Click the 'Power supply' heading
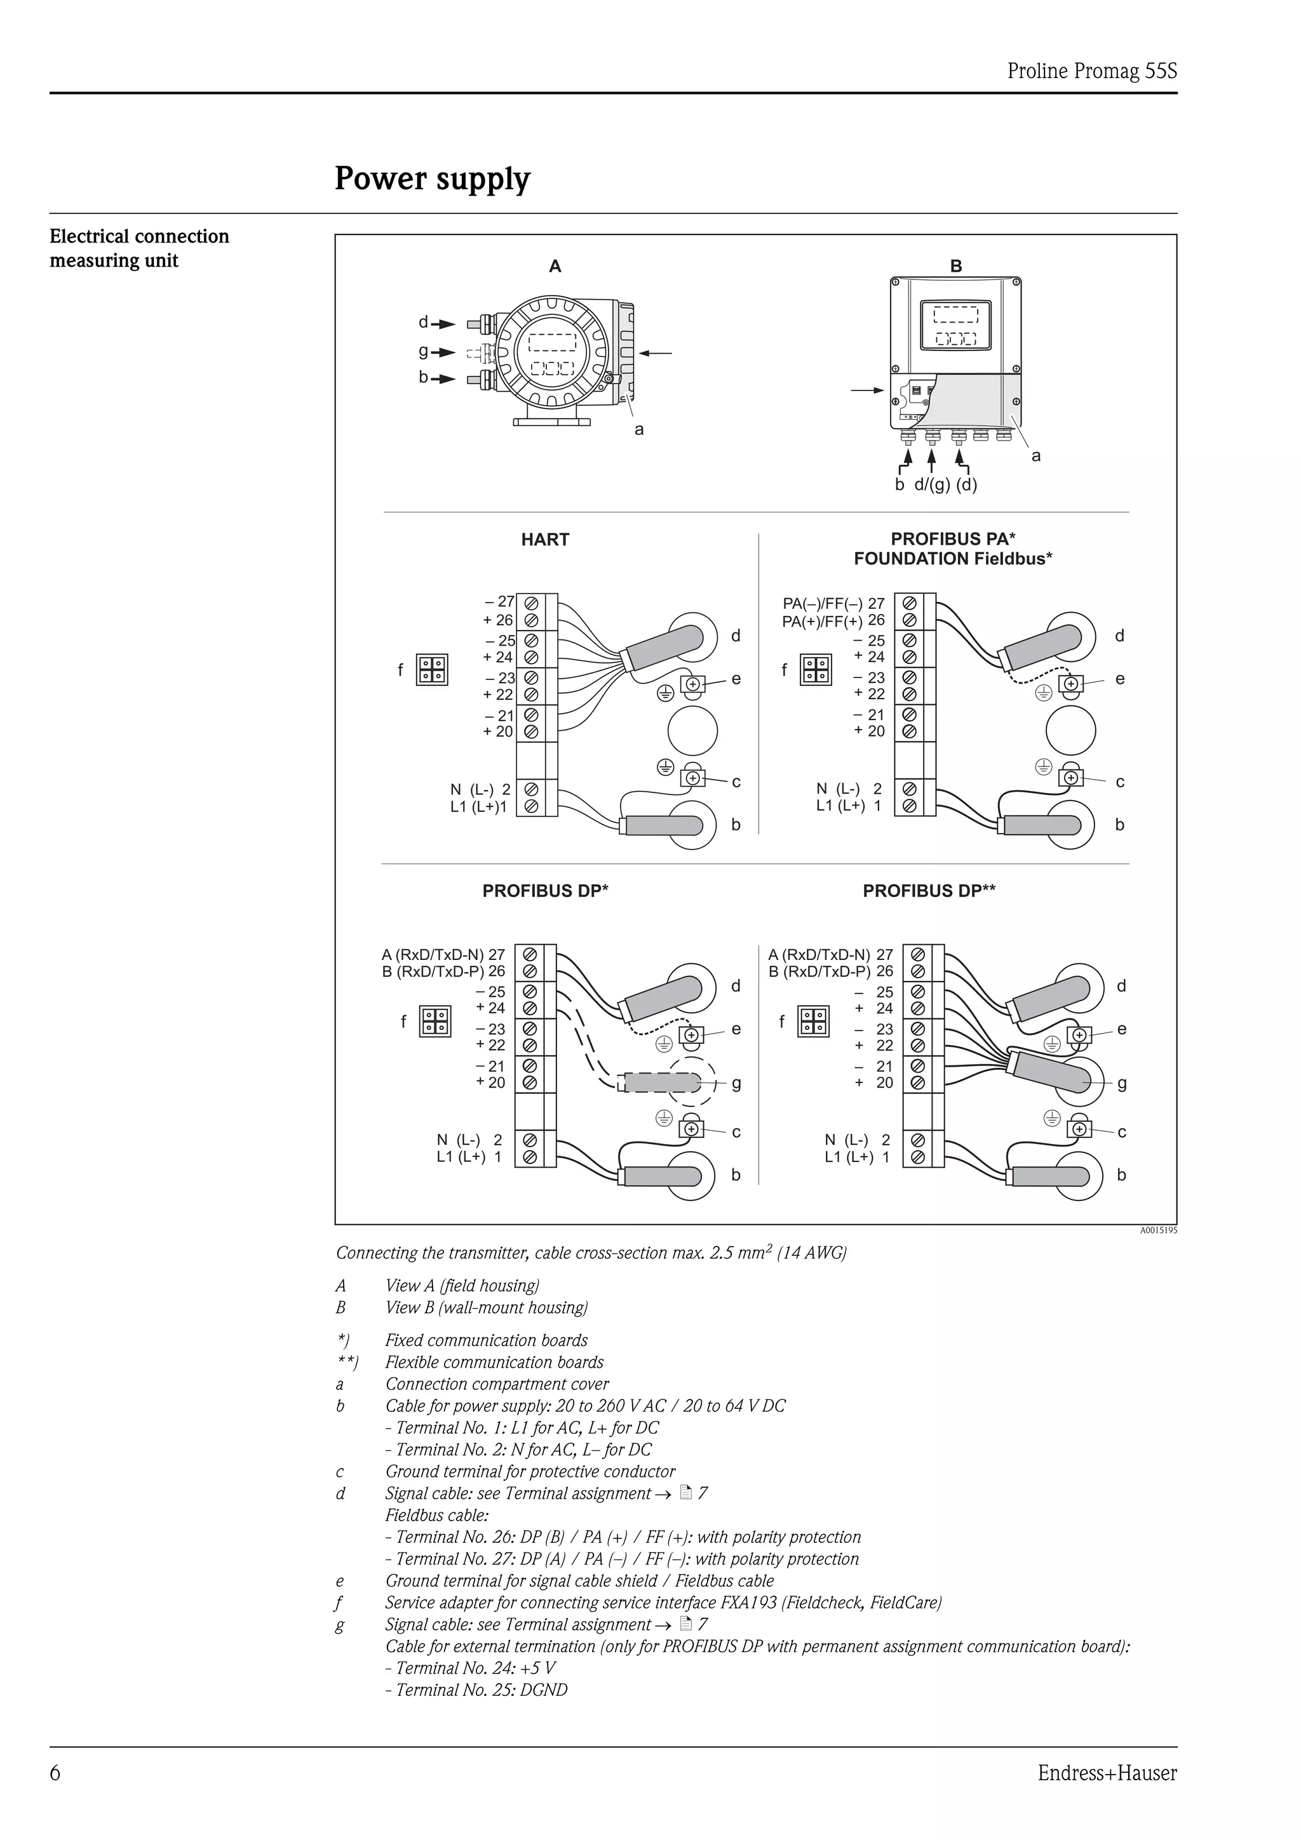click(x=432, y=178)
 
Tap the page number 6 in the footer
click(x=55, y=1773)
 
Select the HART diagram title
click(x=544, y=539)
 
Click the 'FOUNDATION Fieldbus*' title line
click(x=952, y=559)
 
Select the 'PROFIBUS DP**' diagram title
click(x=928, y=890)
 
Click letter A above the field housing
click(x=555, y=266)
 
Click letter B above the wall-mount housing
click(x=955, y=266)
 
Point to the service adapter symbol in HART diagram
click(x=432, y=670)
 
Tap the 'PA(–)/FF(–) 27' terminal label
click(x=833, y=603)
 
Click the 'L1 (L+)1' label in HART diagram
click(x=478, y=807)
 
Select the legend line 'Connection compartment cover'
click(x=496, y=1384)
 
